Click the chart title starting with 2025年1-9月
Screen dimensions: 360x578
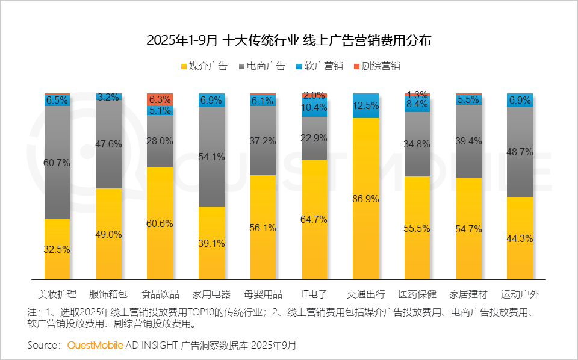click(x=289, y=40)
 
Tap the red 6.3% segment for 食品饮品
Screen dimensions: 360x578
click(x=160, y=99)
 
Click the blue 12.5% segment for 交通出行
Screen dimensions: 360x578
click(x=365, y=105)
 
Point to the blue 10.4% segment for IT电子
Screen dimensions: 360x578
click(x=314, y=107)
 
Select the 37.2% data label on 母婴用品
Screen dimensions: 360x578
click(x=263, y=141)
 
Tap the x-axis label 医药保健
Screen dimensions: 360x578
click(x=417, y=294)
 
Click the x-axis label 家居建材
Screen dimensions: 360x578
click(x=468, y=294)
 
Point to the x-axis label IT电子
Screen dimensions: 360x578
click(x=314, y=294)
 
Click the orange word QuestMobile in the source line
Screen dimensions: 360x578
click(x=95, y=345)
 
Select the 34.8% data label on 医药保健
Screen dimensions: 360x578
click(x=417, y=144)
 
